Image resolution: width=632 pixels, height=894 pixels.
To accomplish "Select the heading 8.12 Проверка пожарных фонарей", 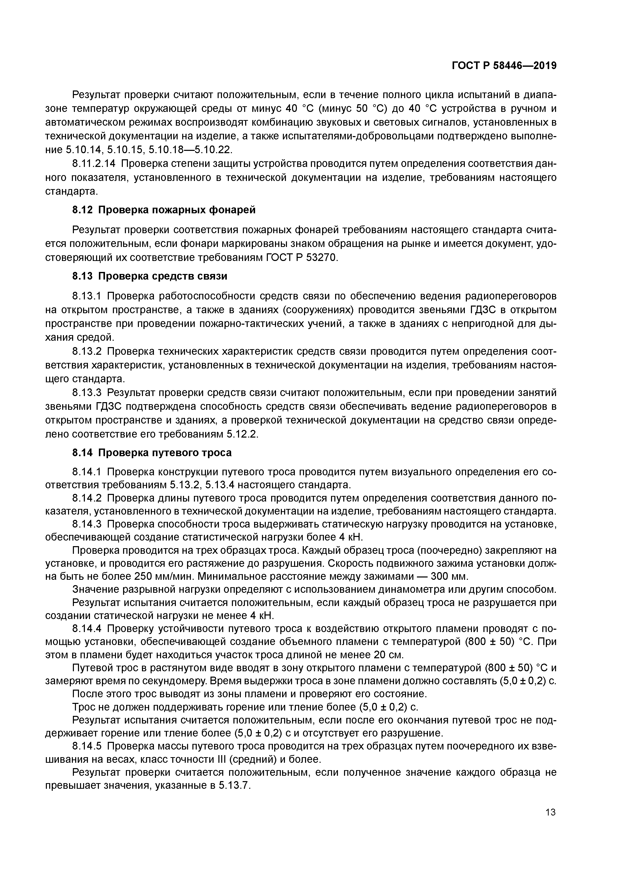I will pos(164,210).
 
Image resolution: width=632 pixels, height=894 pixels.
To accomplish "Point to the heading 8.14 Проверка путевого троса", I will pos(152,453).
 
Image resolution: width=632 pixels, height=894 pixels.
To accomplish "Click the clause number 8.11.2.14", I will pos(95,164).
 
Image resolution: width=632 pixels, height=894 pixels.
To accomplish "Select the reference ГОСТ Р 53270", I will pos(302,258).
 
